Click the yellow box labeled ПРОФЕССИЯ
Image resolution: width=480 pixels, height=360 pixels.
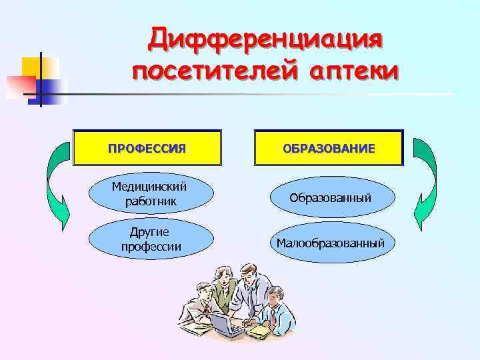[x=147, y=147]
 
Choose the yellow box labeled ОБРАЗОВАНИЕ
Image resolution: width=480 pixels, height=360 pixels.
[x=329, y=147]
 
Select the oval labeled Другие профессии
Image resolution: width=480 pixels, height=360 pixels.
[x=151, y=239]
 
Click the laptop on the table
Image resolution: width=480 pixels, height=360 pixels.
[x=227, y=325]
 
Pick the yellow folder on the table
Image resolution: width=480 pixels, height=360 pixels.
[x=258, y=329]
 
